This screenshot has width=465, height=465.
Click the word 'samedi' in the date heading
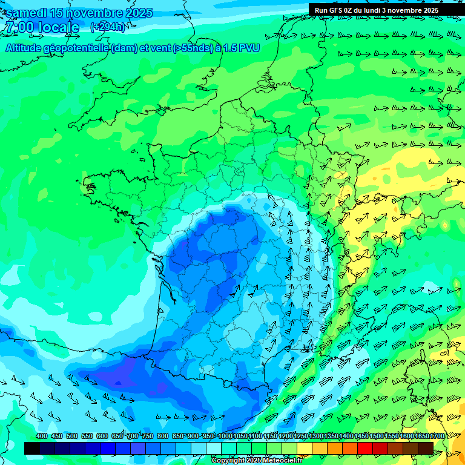(x=27, y=13)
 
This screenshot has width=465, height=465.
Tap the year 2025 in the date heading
(x=139, y=13)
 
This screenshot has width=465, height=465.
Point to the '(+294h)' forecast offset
(x=108, y=27)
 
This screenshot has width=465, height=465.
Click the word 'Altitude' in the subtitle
(x=25, y=48)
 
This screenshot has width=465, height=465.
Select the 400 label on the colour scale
(x=42, y=436)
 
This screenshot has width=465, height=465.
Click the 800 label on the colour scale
(x=163, y=436)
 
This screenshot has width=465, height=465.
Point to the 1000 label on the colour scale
(x=225, y=436)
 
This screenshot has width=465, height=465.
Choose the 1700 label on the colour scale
(x=437, y=436)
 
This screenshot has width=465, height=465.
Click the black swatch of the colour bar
(x=32, y=448)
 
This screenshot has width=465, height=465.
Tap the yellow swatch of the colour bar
(x=305, y=448)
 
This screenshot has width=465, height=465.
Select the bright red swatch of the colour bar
(x=365, y=448)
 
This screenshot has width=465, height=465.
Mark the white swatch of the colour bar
(x=214, y=448)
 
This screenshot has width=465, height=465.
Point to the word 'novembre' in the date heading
(x=90, y=13)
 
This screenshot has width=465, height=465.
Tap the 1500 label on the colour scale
(x=377, y=436)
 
